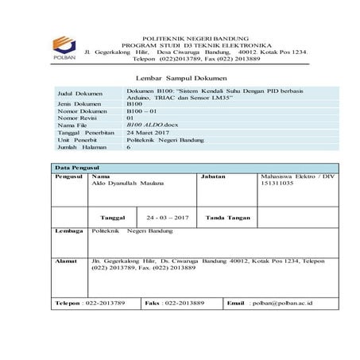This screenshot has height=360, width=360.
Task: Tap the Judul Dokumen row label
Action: [x=79, y=94]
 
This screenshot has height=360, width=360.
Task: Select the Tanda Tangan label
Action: [x=228, y=217]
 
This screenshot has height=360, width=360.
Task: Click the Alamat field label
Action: [x=65, y=261]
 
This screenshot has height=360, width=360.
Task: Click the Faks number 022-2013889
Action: [x=184, y=303]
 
